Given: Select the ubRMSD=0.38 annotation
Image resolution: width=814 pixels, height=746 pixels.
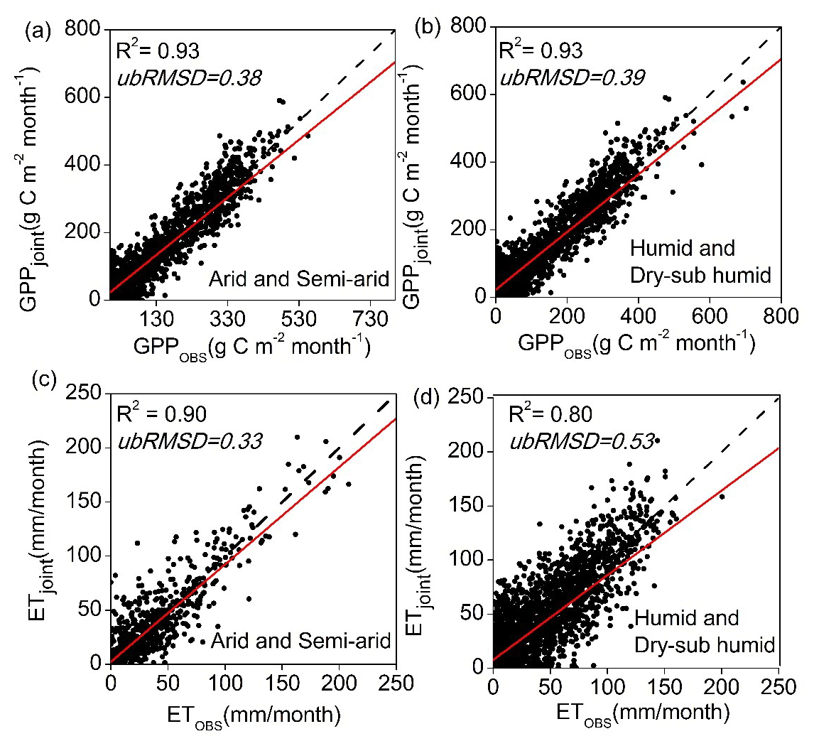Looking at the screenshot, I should click(x=190, y=77).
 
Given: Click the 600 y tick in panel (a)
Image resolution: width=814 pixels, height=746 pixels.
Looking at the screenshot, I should click(x=84, y=97).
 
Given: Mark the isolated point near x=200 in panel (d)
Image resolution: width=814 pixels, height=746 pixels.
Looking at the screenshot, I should click(x=722, y=496).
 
